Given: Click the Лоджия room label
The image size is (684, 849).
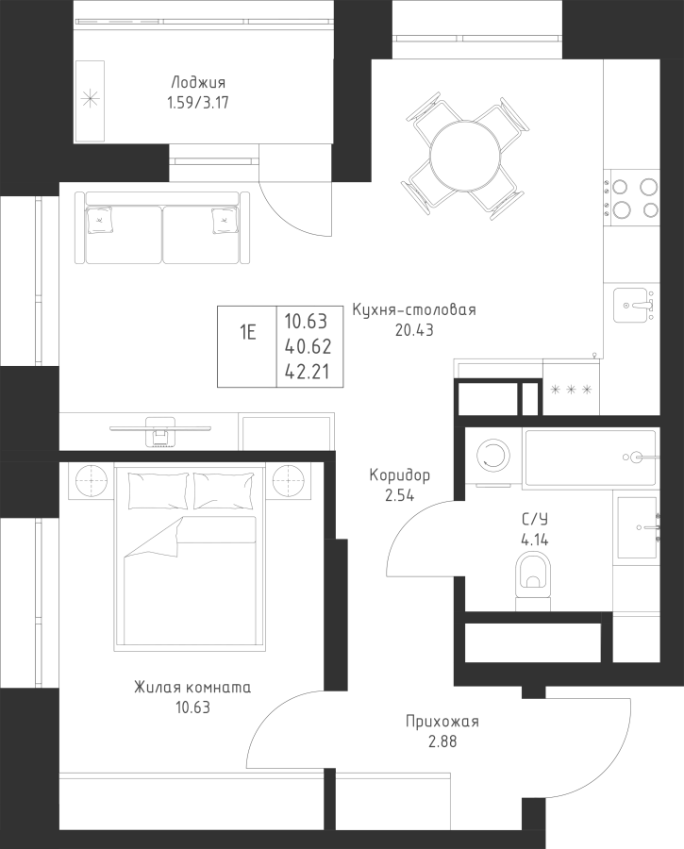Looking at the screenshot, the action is [x=198, y=83].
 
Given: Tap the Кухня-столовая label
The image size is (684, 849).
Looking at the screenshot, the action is [x=414, y=310].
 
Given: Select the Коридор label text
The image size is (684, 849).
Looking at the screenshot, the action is [x=400, y=475].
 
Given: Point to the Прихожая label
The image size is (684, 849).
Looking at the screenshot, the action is [x=442, y=722].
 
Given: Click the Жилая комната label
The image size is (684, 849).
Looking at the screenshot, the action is [x=192, y=688].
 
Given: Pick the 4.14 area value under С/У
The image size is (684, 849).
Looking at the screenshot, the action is [x=535, y=540].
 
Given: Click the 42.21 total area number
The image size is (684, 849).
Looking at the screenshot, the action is [x=308, y=373].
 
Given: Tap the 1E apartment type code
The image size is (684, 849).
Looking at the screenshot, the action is [x=247, y=332].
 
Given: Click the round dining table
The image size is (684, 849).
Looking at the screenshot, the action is [x=464, y=156].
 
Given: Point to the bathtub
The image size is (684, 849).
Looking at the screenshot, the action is [x=592, y=457].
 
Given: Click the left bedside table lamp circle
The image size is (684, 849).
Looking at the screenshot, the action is [x=91, y=481].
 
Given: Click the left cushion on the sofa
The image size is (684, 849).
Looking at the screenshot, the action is [x=100, y=221].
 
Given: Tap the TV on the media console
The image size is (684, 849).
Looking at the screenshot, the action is [x=160, y=429].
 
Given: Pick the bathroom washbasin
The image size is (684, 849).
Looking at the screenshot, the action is [x=638, y=527].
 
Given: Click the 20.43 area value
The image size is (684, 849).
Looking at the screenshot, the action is [x=414, y=330].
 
